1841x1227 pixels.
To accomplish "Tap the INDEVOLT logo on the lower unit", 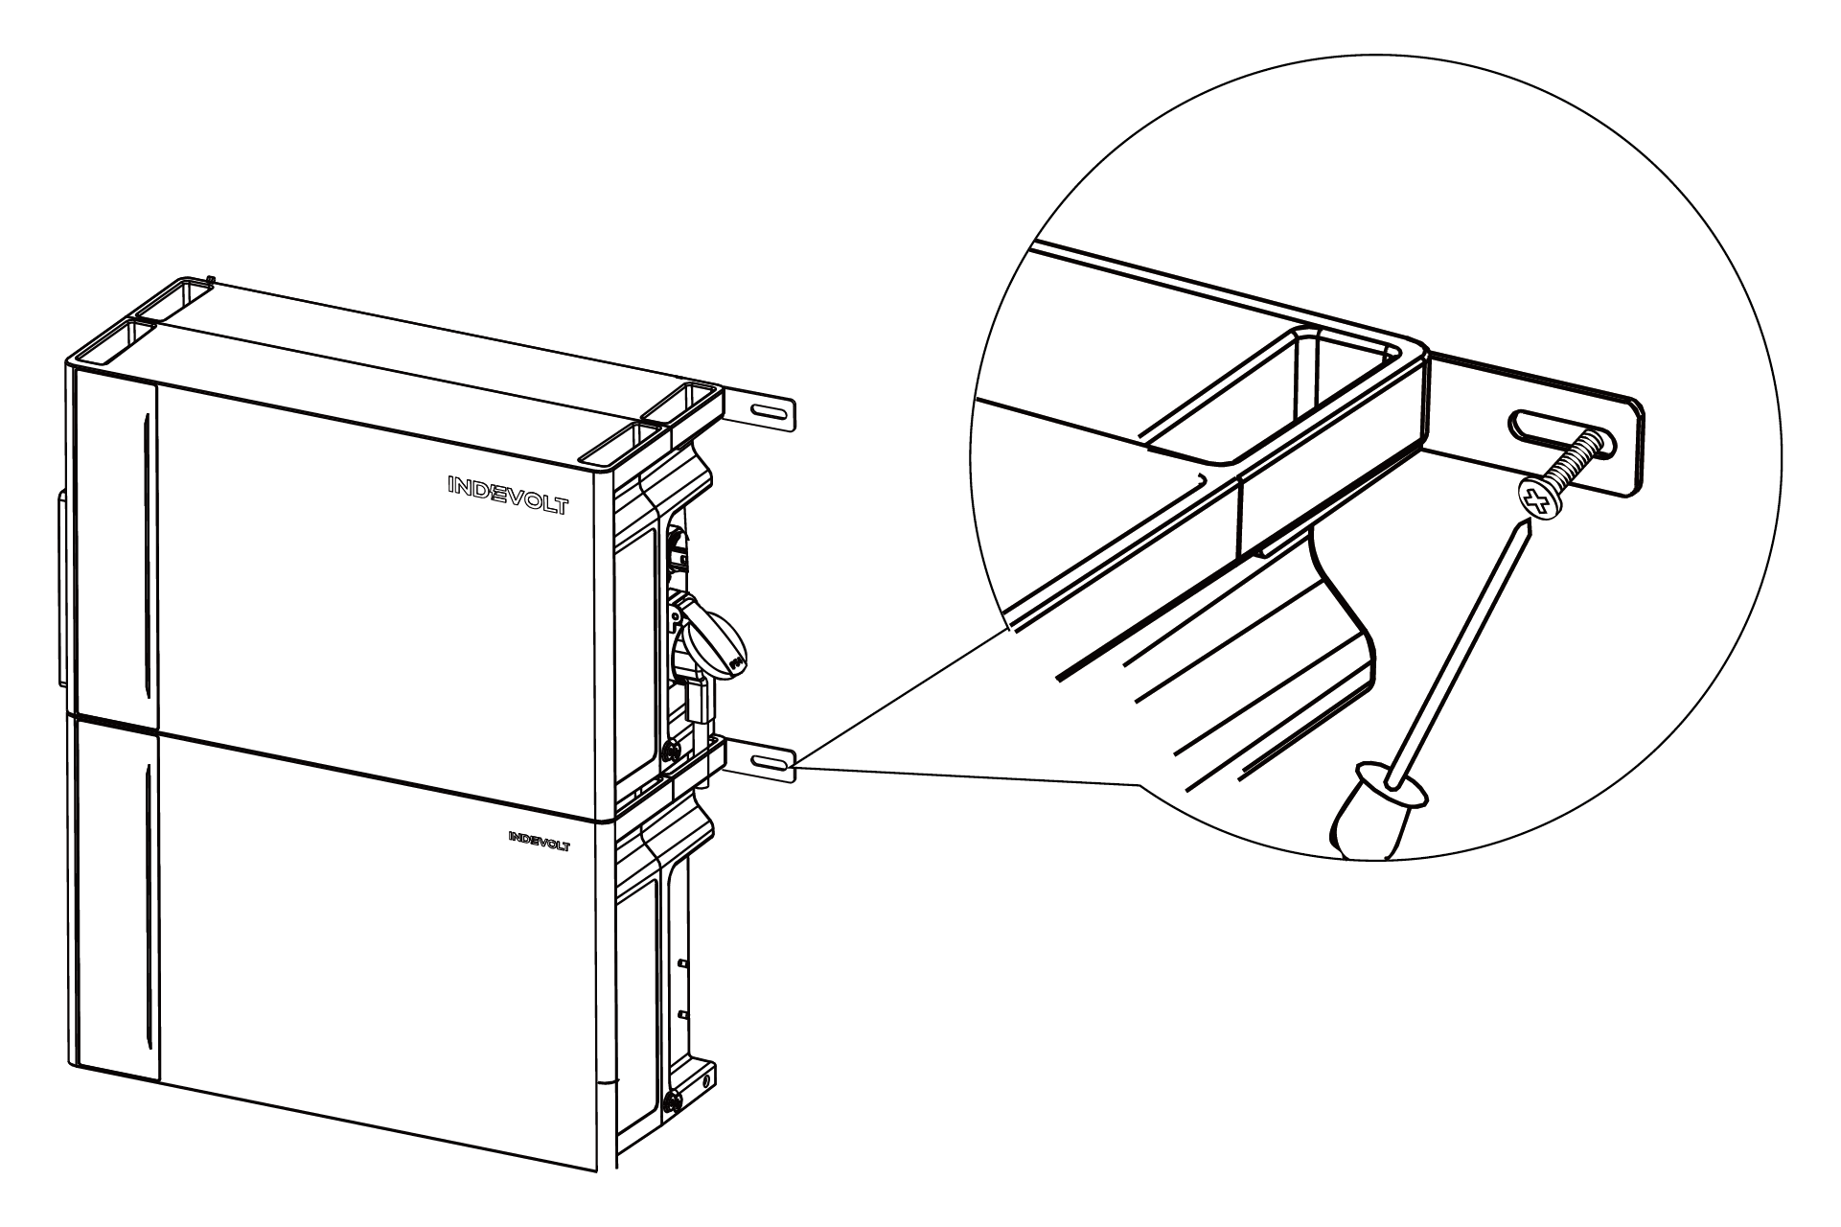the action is (x=539, y=841).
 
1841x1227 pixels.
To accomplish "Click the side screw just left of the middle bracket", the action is (x=672, y=751).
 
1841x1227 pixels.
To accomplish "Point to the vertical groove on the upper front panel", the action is (x=145, y=555).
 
